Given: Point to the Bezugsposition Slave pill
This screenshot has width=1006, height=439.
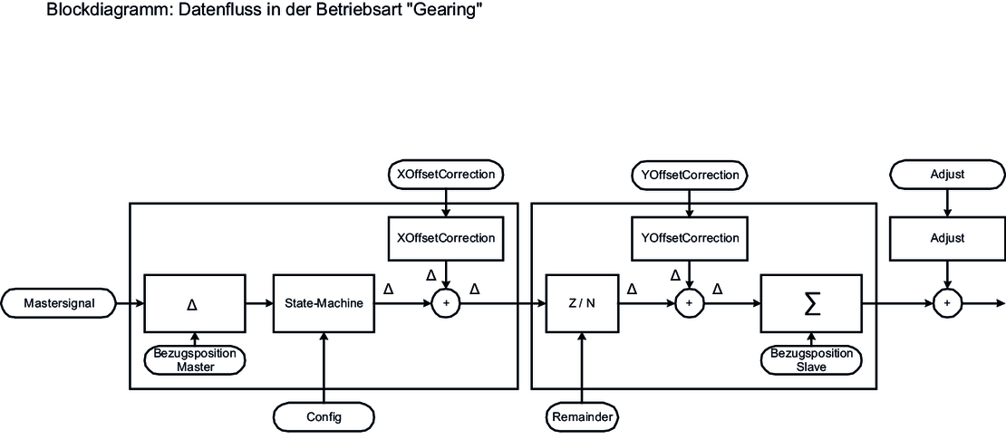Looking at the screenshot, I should click(x=812, y=359).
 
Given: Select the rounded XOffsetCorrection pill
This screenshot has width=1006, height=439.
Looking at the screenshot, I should click(x=445, y=173).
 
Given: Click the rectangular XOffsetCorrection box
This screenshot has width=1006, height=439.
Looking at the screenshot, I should click(x=445, y=238).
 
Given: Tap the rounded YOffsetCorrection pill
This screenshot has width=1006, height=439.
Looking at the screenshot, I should click(x=689, y=173).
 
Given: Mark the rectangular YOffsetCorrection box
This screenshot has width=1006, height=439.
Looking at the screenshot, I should click(x=689, y=238).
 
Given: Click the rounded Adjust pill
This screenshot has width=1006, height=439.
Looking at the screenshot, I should click(x=947, y=173).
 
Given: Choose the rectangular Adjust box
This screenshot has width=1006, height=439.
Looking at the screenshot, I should click(x=947, y=238).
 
